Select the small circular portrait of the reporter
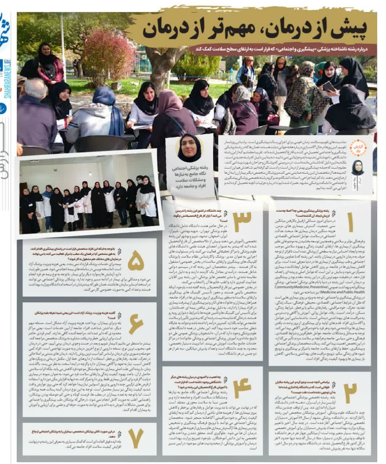pyautogui.click(x=358, y=167)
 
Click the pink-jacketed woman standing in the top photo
pyautogui.click(x=49, y=65)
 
